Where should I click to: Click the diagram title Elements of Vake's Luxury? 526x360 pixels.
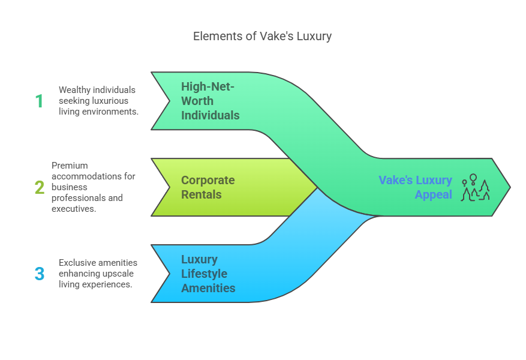[x=262, y=36]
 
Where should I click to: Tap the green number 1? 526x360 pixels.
[x=39, y=101]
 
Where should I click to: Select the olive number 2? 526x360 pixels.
[x=40, y=187]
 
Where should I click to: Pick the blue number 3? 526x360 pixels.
[x=40, y=274]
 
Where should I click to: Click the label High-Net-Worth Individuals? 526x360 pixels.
[x=211, y=101]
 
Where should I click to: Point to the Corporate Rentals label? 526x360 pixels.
[x=208, y=187]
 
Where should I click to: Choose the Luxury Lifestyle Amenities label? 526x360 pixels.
[x=208, y=274]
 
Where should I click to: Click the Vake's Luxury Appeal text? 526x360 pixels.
[x=415, y=187]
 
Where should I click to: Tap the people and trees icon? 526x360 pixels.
[x=475, y=187]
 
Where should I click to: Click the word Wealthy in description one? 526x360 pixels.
[x=74, y=90]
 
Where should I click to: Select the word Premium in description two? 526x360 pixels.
[x=70, y=166]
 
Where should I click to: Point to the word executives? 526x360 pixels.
[x=74, y=209]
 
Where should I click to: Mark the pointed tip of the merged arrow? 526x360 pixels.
[x=510, y=187]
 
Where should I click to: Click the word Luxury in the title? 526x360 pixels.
[x=314, y=37]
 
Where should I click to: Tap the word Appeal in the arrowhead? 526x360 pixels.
[x=434, y=194]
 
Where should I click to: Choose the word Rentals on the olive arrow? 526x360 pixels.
[x=202, y=194]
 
